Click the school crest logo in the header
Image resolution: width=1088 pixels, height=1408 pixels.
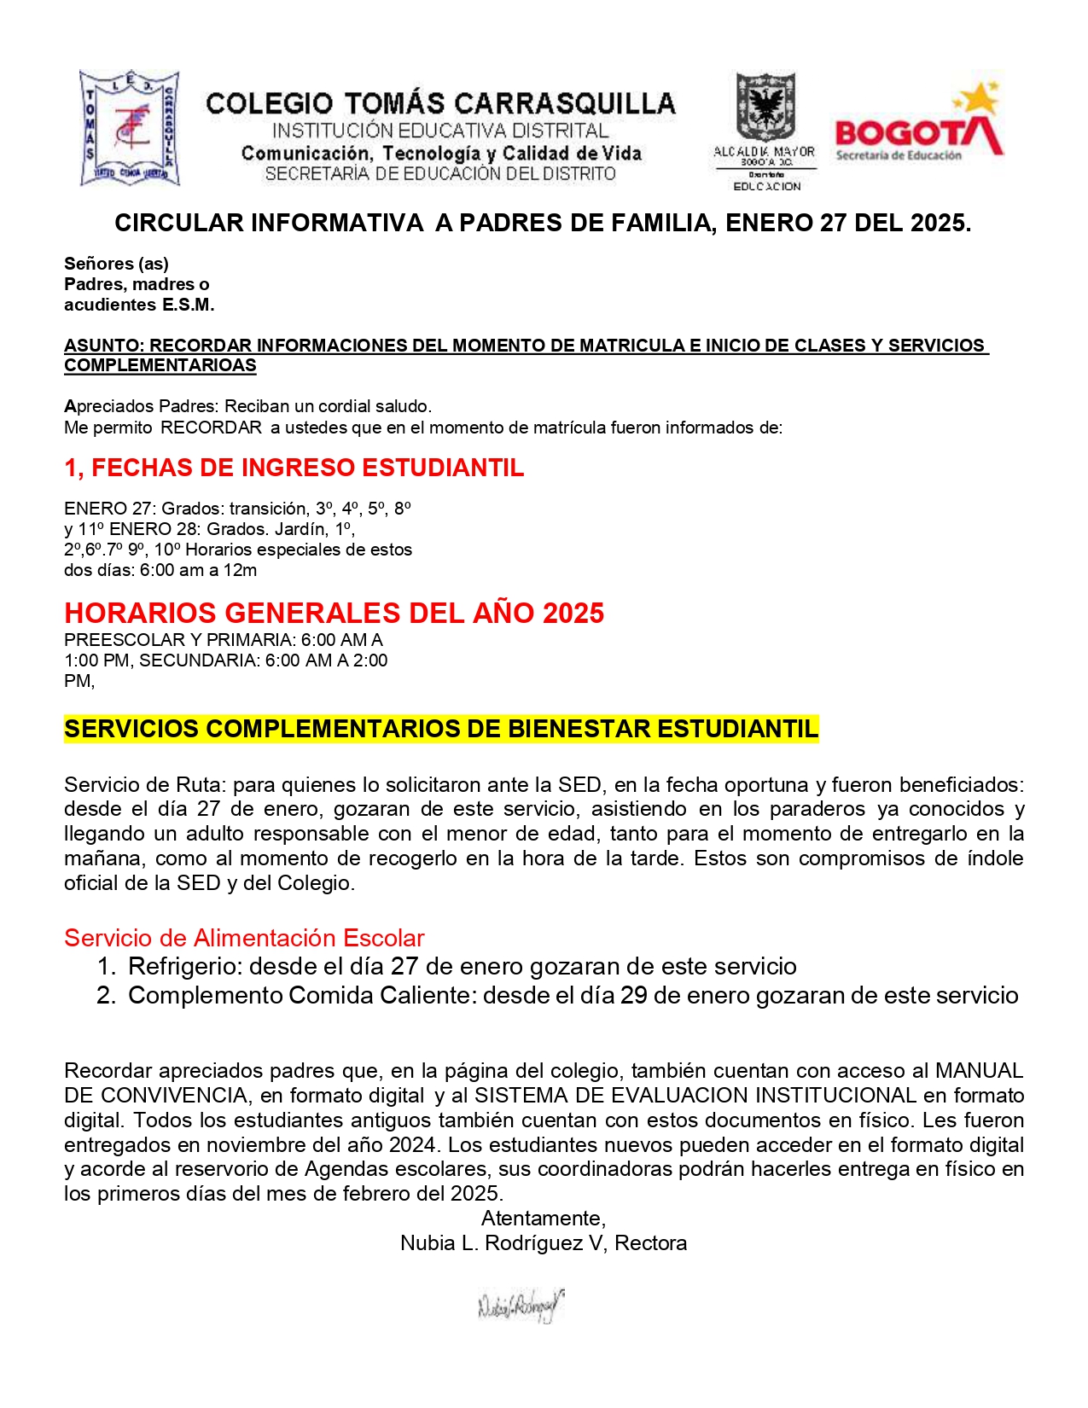(130, 128)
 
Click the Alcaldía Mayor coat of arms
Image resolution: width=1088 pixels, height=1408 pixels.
(765, 107)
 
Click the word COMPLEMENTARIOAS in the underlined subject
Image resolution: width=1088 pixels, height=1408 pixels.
(160, 366)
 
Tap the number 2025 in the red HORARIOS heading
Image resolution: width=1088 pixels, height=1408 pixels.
(573, 614)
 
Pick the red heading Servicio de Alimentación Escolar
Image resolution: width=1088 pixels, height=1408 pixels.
(244, 939)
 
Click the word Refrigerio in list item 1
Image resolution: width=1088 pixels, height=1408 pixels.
(183, 967)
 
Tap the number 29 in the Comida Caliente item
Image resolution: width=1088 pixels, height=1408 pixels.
(633, 996)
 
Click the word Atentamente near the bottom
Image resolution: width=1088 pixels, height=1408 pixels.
(543, 1219)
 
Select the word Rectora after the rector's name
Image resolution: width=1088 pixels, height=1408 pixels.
(650, 1243)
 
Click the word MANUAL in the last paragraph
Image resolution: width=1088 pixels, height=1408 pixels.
(979, 1071)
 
